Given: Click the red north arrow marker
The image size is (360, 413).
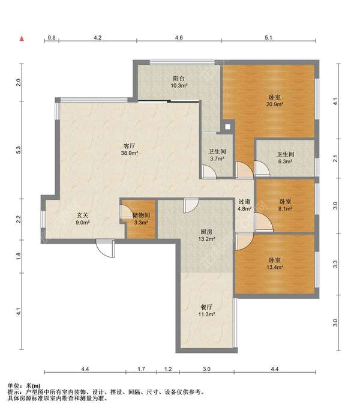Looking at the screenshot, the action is (22, 39).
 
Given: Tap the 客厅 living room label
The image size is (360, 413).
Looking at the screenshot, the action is (130, 146).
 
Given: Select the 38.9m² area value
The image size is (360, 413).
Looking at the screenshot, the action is (130, 152).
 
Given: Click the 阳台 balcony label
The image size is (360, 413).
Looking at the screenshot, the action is (179, 78).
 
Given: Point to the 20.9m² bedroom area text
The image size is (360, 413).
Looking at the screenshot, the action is (274, 104).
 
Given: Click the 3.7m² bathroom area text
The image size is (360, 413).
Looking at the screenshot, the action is (217, 158).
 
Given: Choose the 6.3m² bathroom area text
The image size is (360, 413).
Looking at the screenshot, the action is (285, 161).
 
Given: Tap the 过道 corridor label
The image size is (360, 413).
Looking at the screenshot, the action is (244, 202).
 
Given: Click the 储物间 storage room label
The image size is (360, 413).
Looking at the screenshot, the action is (141, 215).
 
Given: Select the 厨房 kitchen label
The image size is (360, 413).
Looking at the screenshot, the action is (206, 232).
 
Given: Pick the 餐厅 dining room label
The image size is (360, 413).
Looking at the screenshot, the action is (206, 307).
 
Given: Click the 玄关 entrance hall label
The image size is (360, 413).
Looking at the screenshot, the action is (82, 215).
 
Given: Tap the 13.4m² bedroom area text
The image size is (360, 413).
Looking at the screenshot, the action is (274, 267).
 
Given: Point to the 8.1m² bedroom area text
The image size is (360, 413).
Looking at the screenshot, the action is (285, 209).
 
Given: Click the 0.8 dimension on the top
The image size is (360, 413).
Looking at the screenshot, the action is (52, 38).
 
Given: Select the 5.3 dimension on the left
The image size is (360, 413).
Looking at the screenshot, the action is (18, 150).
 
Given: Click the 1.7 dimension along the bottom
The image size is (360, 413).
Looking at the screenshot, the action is (141, 369).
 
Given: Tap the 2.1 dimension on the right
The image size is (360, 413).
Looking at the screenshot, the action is (335, 158).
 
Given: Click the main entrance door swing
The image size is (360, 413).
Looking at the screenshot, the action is (106, 248).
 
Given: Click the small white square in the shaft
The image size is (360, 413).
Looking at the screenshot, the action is (227, 127).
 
